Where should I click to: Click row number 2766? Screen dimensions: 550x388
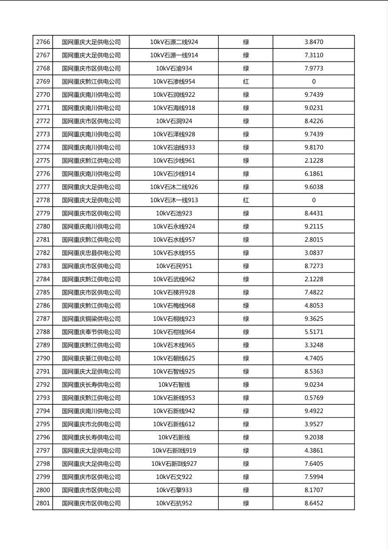point(43,42)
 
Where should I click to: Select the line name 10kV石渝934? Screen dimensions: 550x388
point(174,68)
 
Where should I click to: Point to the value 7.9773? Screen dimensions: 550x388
point(314,68)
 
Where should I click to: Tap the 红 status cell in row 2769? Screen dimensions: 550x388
point(246,81)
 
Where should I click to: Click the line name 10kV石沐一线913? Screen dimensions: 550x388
point(174,200)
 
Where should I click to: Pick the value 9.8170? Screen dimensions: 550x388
point(314,147)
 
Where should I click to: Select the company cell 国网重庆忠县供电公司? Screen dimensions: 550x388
point(91,253)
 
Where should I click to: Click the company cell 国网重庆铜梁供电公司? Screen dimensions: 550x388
point(91,319)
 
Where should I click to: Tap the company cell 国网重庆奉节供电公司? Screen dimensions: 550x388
point(91,332)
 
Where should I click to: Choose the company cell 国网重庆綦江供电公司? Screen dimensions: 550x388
point(91,358)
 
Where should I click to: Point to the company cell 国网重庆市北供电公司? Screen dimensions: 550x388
point(91,424)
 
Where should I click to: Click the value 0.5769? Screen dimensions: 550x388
point(314,398)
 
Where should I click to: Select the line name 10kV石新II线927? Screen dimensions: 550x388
point(174,464)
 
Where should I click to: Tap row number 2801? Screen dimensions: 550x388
point(43,503)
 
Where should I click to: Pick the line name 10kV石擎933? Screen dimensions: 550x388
point(174,490)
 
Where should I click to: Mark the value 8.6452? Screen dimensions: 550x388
point(314,503)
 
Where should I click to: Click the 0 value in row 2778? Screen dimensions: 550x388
point(314,200)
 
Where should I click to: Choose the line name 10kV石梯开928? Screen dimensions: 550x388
point(174,292)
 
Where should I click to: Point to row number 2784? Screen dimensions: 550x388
point(43,279)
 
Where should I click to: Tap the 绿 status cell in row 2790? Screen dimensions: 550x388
point(246,358)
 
